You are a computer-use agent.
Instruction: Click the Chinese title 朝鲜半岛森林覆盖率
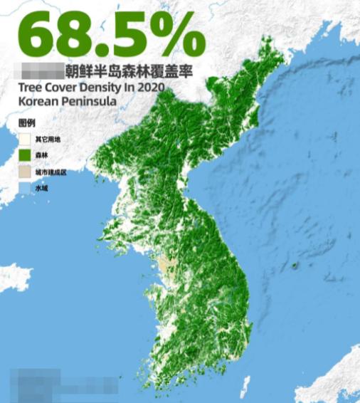(129, 72)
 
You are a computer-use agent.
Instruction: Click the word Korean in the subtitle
(38, 100)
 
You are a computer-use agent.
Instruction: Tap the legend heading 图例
(26, 123)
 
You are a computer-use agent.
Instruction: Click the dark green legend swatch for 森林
(26, 155)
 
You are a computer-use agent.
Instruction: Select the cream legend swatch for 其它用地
(26, 139)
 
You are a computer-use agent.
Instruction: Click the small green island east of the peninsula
(295, 267)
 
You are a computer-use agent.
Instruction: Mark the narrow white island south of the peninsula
(246, 388)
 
